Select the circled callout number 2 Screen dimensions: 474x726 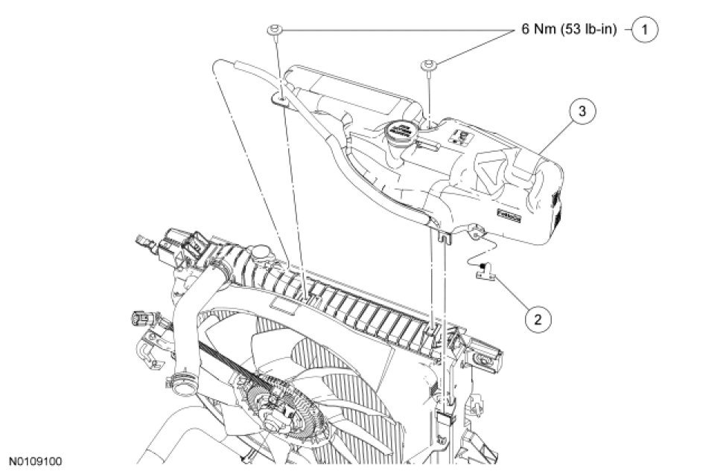point(538,320)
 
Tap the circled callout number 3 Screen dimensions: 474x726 point(583,112)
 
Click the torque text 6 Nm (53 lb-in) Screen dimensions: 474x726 point(568,31)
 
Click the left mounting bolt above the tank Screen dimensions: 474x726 point(273,31)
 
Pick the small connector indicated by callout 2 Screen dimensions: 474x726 point(486,273)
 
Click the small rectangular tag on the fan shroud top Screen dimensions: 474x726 point(284,304)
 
